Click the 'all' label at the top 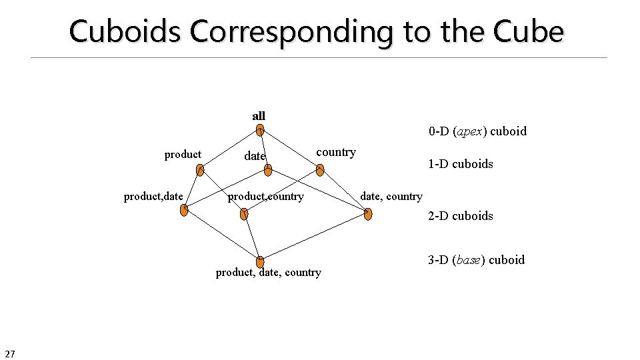coord(259,116)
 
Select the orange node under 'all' coord(260,131)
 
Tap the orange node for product coord(200,170)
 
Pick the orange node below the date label coord(268,170)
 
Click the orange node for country coord(320,170)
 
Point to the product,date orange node coord(185,211)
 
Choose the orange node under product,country coord(244,215)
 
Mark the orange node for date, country coord(369,214)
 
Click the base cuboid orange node coord(260,262)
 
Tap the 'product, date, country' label coord(268,272)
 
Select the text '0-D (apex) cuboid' coord(477,131)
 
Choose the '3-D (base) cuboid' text coord(476,260)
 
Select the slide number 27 coord(10,353)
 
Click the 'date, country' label coord(391,196)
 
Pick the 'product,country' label coord(266,196)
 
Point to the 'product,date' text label coord(153,196)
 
